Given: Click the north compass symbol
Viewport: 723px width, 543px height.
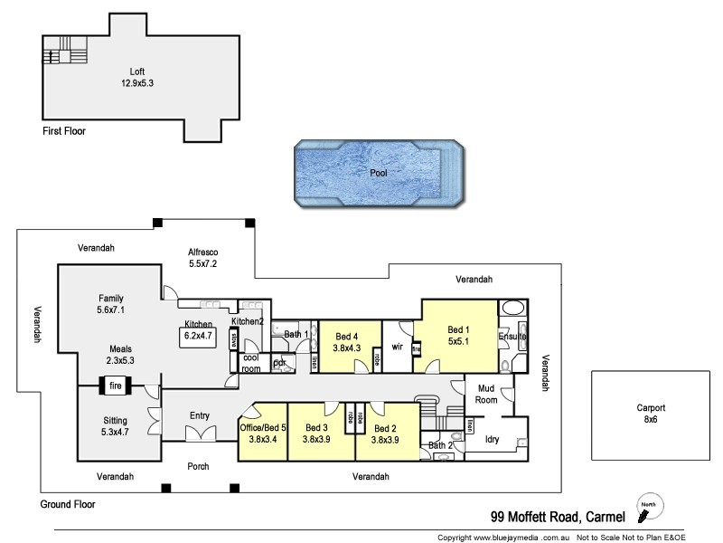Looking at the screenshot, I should tap(646, 510).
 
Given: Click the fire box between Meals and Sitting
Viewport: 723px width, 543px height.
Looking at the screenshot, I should tap(116, 386).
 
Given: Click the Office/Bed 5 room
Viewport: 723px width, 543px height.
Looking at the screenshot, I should tap(262, 433).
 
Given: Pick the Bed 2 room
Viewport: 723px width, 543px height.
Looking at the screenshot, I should tap(386, 433).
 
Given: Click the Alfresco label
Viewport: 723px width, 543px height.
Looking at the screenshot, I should tap(203, 258).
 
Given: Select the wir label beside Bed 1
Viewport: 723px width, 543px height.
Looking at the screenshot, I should tap(396, 346).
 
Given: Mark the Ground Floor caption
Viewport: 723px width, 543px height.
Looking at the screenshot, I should tap(69, 504).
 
